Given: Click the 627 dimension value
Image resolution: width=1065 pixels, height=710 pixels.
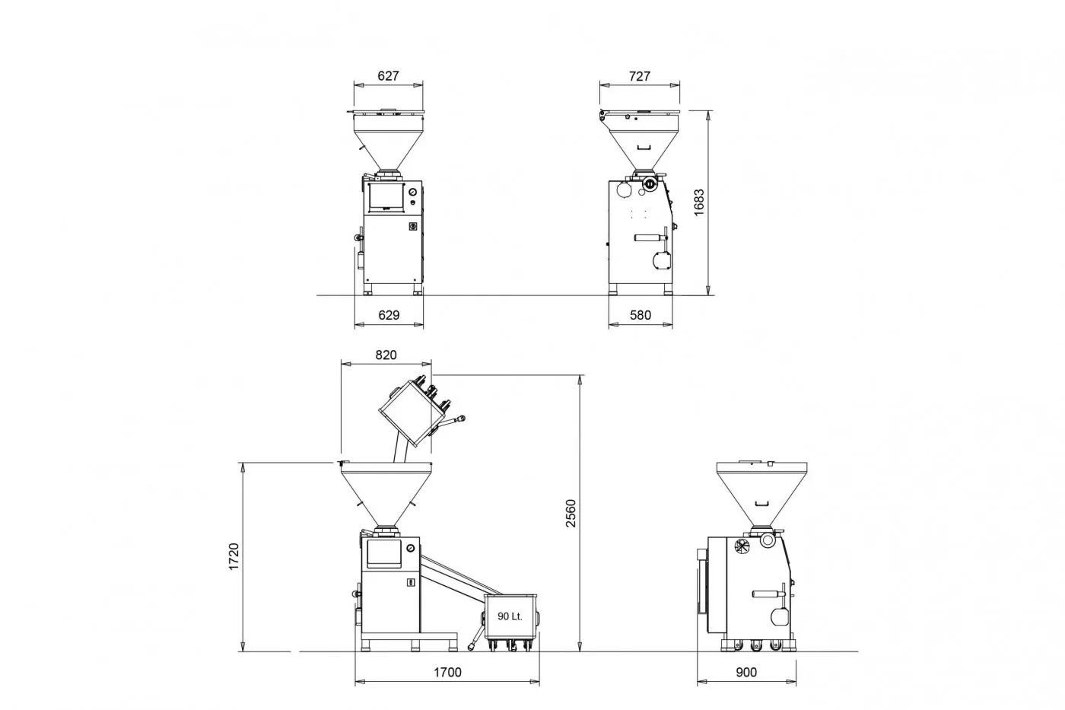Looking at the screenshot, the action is point(388,75).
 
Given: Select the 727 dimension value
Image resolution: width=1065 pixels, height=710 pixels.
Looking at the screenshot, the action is point(640,76).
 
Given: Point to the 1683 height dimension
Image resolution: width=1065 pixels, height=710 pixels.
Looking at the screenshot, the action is point(699,203).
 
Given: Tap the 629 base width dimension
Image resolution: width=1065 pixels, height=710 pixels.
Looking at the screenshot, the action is point(389,315).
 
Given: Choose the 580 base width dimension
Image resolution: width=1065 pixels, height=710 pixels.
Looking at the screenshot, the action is point(641,315).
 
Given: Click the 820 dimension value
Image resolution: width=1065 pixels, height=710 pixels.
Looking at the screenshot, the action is point(386,355).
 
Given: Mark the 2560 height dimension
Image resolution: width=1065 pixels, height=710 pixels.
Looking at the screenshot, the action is point(571,513).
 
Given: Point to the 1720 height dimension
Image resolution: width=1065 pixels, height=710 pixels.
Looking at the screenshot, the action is point(234,556).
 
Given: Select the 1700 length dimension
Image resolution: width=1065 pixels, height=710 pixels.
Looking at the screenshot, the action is point(447,672).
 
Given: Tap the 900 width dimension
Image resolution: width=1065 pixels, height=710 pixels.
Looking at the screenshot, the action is point(746,672).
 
